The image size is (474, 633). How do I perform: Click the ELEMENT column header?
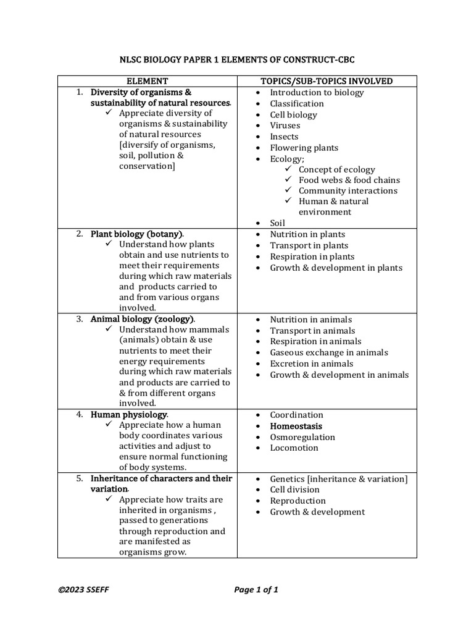coord(147,81)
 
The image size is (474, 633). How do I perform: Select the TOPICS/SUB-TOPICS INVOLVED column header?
coord(326,81)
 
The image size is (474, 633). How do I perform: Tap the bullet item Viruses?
coord(285,125)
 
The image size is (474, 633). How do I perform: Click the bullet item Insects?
coord(284,137)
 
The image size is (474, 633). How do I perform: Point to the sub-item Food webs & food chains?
coord(349,180)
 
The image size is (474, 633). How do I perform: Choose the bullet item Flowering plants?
coord(304,148)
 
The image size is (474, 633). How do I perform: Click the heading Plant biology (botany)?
coord(137,234)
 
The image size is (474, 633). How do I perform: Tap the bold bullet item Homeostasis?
coord(296,426)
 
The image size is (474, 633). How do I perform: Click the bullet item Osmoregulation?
coord(302,437)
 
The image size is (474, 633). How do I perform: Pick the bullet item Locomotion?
coord(294,448)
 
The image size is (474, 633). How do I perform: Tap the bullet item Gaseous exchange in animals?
coord(329,352)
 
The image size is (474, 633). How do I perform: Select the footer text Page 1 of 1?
coord(256,590)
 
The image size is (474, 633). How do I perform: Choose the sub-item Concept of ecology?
coord(336,169)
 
